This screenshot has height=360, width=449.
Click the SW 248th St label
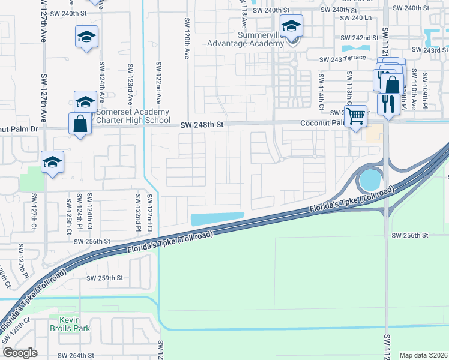pyautogui.click(x=203, y=125)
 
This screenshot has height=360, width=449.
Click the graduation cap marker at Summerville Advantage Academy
pyautogui.click(x=291, y=27)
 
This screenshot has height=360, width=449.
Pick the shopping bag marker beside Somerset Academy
pyautogui.click(x=80, y=124)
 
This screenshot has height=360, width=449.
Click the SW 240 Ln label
pyautogui.click(x=356, y=18)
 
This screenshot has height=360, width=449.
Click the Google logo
pyautogui.click(x=20, y=353)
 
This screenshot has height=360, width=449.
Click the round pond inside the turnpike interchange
pyautogui.click(x=369, y=179)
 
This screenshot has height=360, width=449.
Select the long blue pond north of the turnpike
pyautogui.click(x=217, y=219)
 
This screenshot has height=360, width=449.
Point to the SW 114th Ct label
pyautogui.click(x=321, y=91)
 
